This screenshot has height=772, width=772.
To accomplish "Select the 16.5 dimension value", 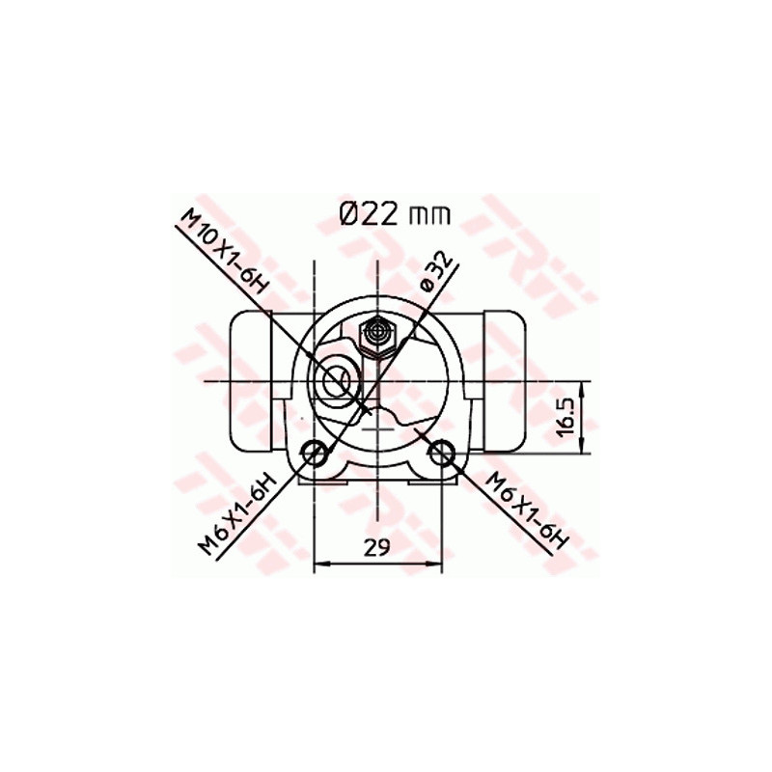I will point(567,416).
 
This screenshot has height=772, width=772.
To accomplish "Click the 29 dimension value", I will point(376,547).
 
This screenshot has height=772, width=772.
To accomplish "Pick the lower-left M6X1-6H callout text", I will point(238,513).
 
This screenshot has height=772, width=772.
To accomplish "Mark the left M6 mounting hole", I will point(314,451).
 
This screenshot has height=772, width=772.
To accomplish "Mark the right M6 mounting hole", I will point(441,451).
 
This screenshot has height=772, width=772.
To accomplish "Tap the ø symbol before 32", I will point(426,284).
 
